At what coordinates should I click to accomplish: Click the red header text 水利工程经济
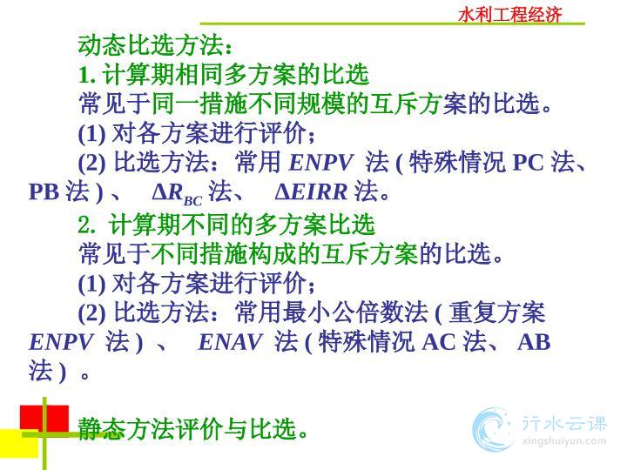(509, 15)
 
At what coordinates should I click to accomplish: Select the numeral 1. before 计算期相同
(87, 75)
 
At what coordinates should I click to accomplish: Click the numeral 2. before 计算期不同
(87, 225)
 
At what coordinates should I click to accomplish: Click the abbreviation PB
(44, 192)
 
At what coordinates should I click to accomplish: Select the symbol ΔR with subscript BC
(177, 195)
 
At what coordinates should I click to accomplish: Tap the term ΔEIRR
(311, 192)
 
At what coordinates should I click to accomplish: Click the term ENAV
(230, 343)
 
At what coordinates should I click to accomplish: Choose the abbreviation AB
(534, 343)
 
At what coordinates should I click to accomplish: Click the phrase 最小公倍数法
(355, 312)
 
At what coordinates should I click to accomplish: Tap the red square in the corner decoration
(44, 418)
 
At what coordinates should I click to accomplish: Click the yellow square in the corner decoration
(19, 443)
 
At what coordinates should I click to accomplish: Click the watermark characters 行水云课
(564, 423)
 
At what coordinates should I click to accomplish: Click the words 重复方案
(496, 312)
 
